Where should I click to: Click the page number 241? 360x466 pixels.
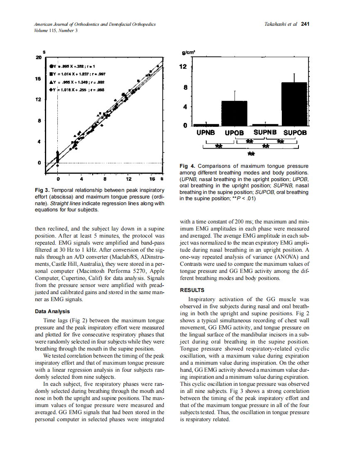click(x=306, y=24)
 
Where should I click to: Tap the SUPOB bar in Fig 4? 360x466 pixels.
click(x=294, y=104)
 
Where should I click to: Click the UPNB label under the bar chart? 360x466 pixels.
click(x=206, y=133)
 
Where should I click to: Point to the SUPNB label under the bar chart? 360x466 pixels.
click(x=265, y=132)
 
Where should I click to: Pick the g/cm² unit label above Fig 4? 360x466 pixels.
click(x=189, y=53)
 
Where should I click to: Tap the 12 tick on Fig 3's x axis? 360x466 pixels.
click(x=128, y=179)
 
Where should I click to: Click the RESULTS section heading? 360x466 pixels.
click(x=192, y=290)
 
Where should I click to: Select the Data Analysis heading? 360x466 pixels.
click(x=52, y=311)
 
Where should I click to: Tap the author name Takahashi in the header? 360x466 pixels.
click(x=277, y=24)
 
